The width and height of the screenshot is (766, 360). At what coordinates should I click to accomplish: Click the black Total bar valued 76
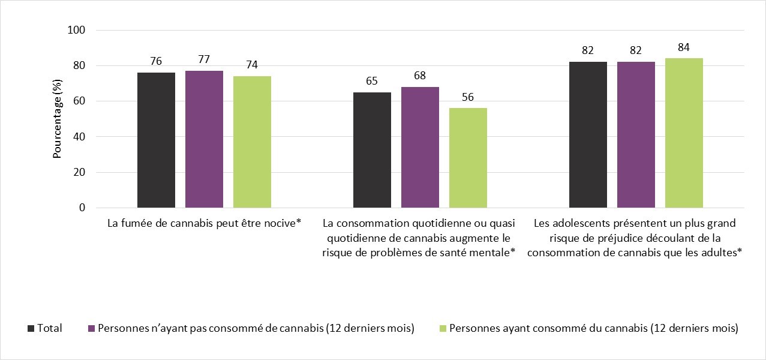click(x=156, y=140)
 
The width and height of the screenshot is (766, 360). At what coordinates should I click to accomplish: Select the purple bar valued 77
click(x=204, y=139)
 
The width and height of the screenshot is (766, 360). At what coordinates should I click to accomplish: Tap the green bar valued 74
click(x=252, y=142)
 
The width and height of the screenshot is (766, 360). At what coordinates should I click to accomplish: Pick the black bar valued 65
click(x=372, y=150)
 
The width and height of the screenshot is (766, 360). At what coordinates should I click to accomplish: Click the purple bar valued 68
click(x=420, y=148)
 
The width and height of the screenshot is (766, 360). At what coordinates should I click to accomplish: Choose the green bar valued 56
click(x=468, y=158)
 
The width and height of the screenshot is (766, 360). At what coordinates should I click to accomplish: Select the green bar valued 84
click(x=684, y=133)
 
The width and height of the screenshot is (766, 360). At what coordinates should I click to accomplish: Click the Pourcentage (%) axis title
click(x=58, y=119)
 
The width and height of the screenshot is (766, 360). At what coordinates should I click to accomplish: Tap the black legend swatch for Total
click(x=31, y=329)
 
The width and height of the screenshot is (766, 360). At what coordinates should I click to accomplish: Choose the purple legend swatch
click(x=91, y=329)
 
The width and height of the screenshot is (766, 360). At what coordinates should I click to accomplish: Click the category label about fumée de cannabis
click(x=204, y=223)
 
